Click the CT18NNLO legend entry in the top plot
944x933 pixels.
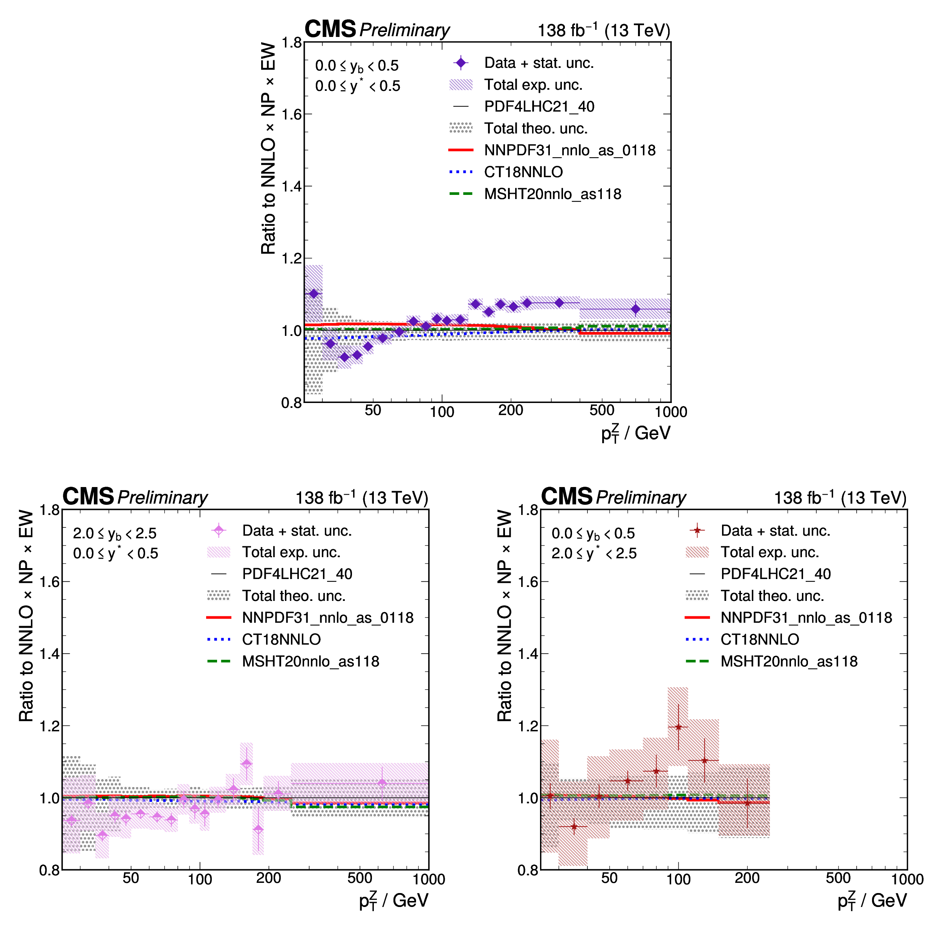523,172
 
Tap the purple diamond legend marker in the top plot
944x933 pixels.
460,63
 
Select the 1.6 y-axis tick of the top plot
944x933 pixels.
291,114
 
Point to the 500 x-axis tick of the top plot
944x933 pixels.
601,410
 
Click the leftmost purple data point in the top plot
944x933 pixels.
314,294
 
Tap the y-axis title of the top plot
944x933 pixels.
268,148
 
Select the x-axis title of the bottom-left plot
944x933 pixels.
393,900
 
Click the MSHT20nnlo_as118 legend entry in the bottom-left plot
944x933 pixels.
310,661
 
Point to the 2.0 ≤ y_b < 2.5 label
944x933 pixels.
115,533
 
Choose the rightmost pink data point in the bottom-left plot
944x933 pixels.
382,783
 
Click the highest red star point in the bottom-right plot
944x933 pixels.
678,727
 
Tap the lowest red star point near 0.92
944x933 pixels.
574,826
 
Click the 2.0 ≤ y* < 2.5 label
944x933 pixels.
594,553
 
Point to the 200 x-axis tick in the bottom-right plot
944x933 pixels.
747,878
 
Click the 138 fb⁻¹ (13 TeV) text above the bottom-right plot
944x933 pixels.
840,498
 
